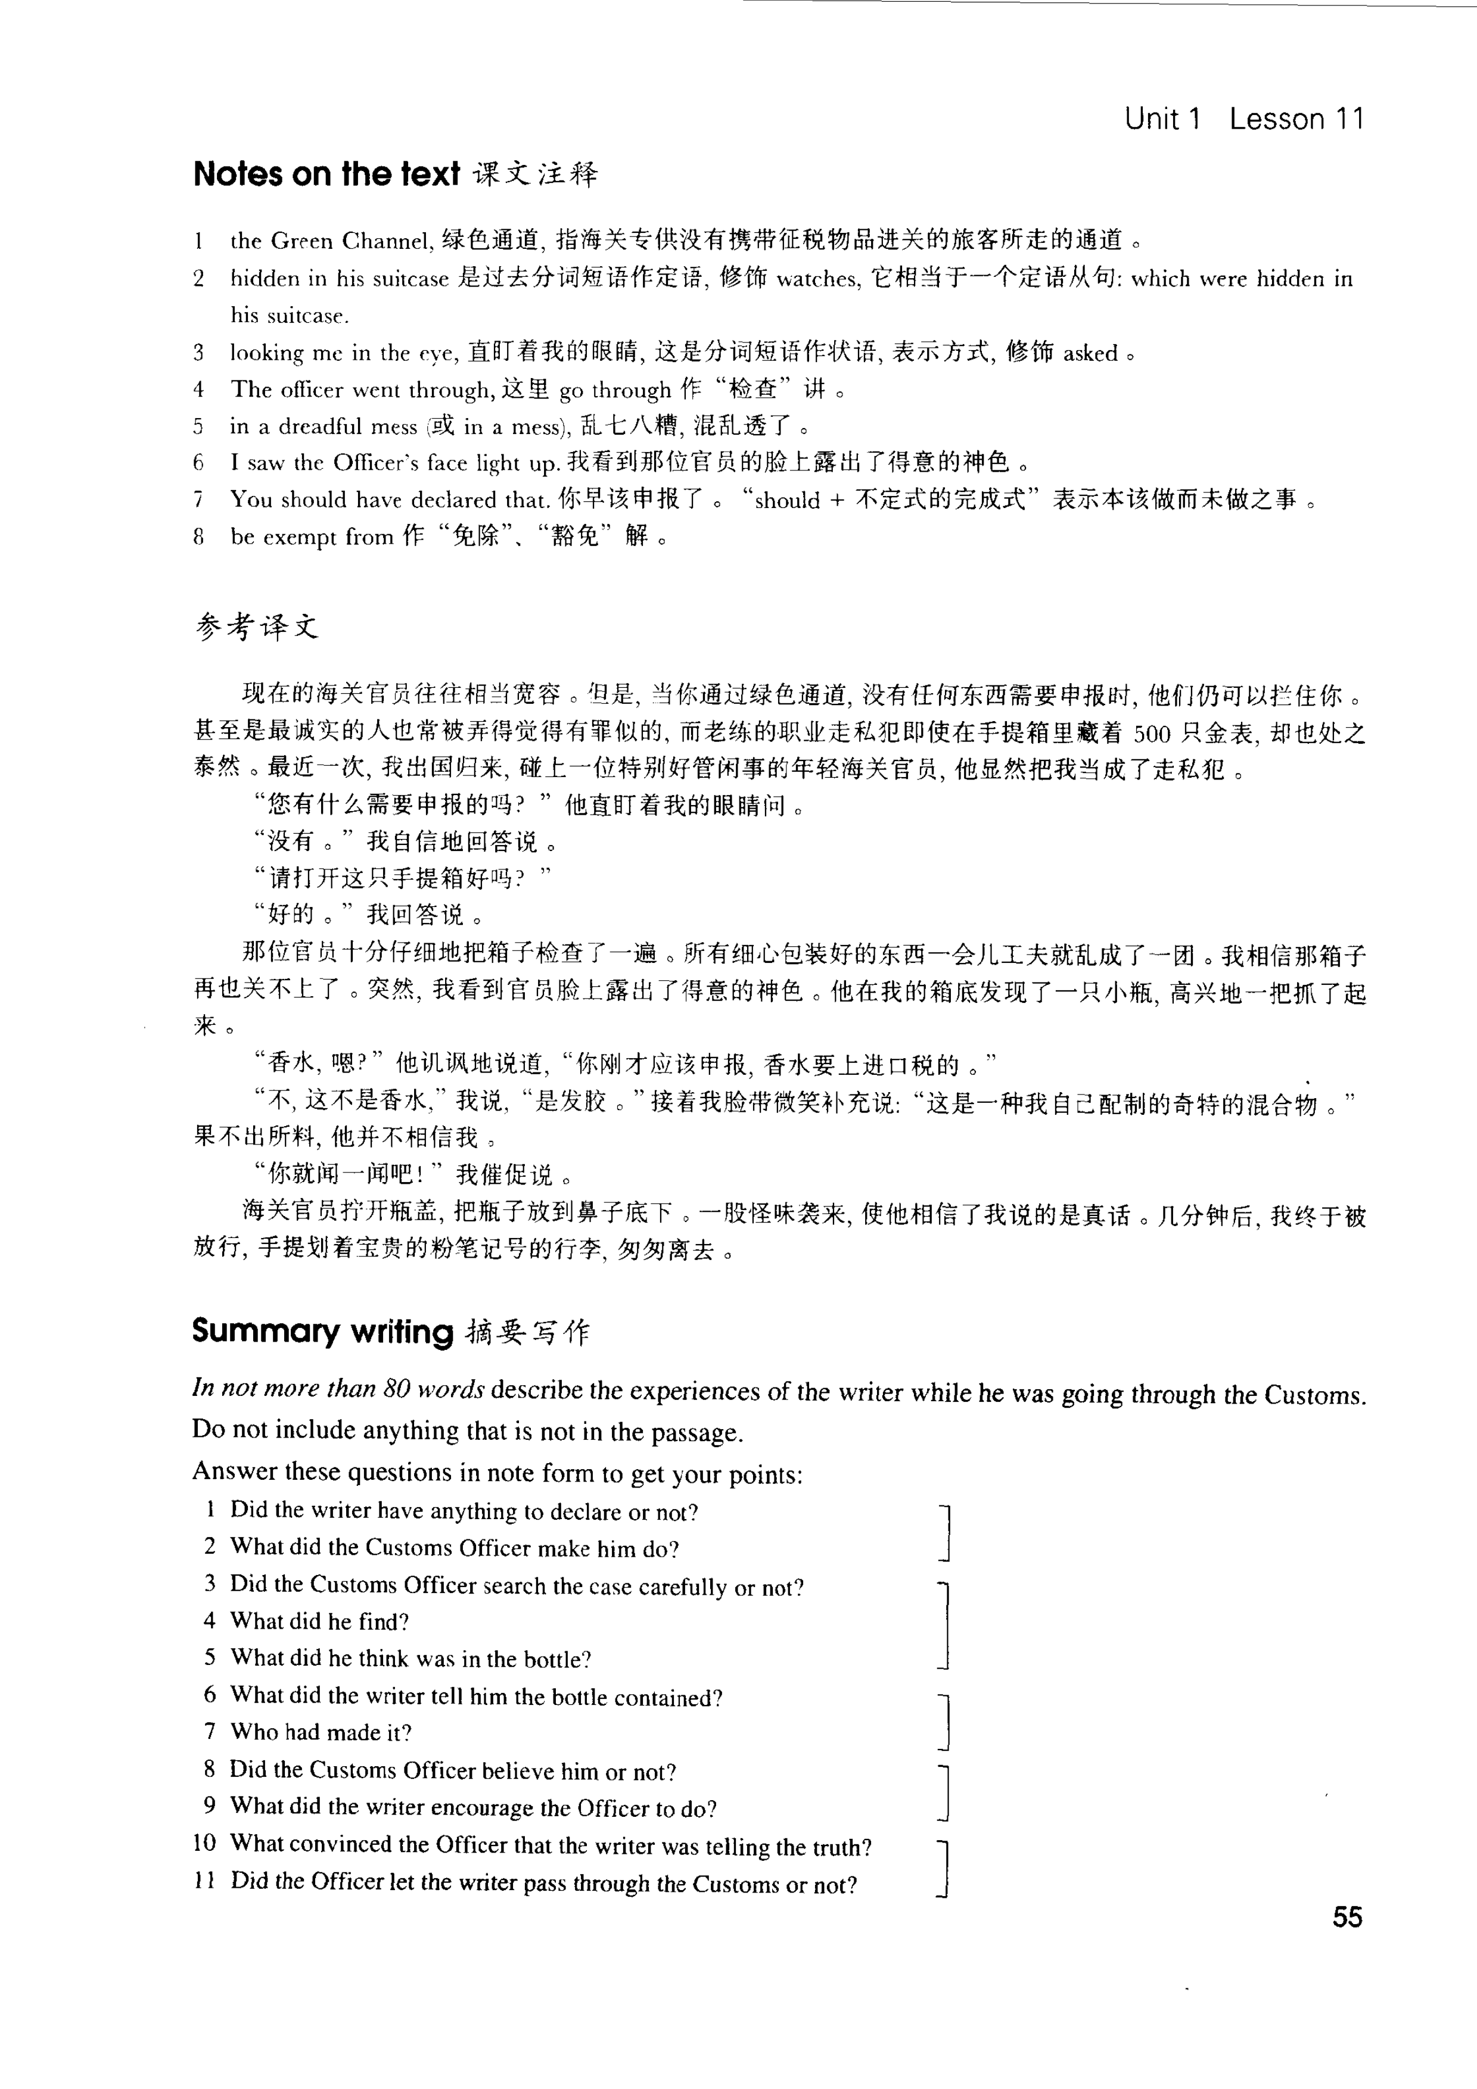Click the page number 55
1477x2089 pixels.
coord(1347,1917)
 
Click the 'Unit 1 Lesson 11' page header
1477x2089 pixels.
coord(1244,119)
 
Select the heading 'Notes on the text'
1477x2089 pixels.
coord(326,174)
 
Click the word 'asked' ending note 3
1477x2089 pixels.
coord(1090,353)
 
